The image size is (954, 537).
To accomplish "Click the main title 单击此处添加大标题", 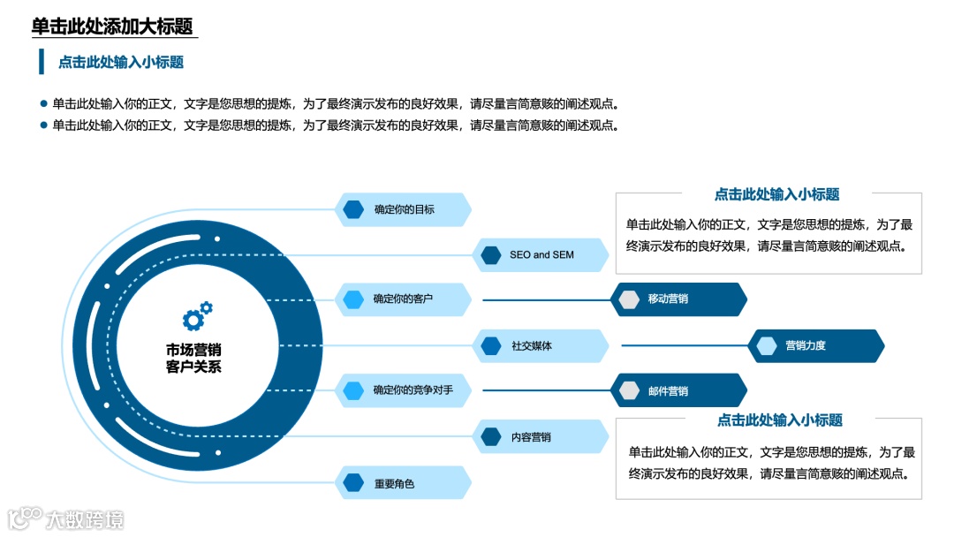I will [112, 26].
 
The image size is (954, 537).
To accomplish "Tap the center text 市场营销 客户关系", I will [193, 359].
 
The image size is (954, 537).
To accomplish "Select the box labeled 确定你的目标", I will [404, 210].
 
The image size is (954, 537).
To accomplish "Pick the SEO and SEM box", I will [541, 255].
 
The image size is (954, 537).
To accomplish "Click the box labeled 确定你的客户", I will [403, 299].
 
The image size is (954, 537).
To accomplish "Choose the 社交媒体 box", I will [541, 346].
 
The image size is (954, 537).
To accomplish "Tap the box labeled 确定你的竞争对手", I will [403, 390].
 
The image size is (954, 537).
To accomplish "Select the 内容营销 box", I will [541, 436].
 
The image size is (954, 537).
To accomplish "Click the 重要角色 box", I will [403, 483].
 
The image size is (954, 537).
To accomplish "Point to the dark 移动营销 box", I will [678, 299].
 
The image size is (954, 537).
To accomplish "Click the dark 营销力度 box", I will [816, 346].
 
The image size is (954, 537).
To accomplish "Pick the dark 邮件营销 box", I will [678, 390].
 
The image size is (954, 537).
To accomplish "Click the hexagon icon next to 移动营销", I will [629, 299].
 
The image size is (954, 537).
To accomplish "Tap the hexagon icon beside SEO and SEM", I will [491, 255].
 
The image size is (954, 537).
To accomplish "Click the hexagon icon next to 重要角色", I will [353, 483].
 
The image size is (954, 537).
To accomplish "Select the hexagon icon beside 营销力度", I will [767, 346].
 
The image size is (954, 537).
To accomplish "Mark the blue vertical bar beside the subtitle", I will [41, 62].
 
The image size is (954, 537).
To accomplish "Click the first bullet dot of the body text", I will [42, 102].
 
